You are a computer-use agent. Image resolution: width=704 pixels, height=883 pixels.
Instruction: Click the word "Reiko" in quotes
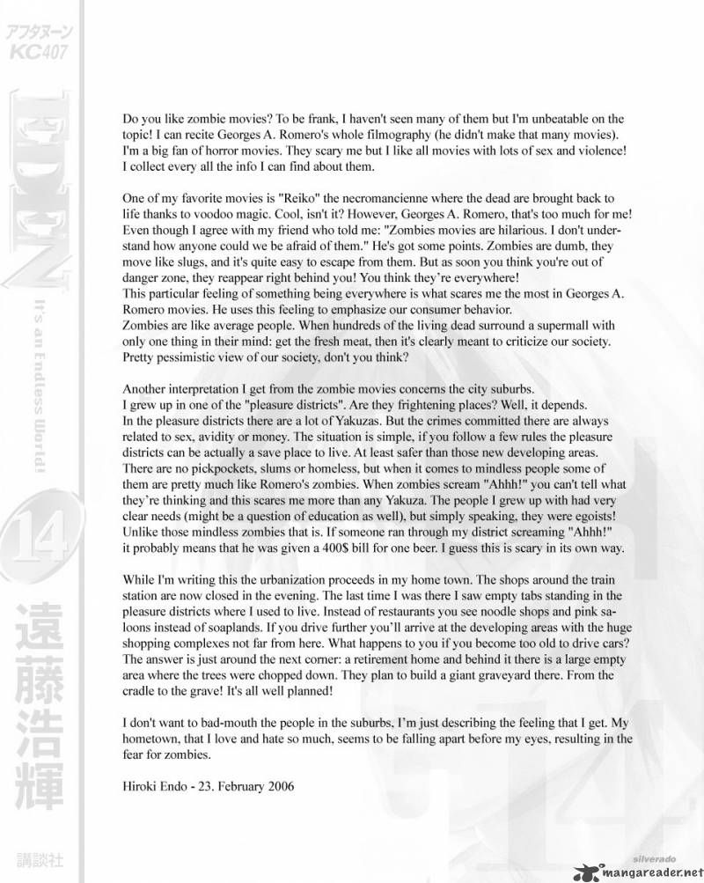(x=275, y=199)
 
